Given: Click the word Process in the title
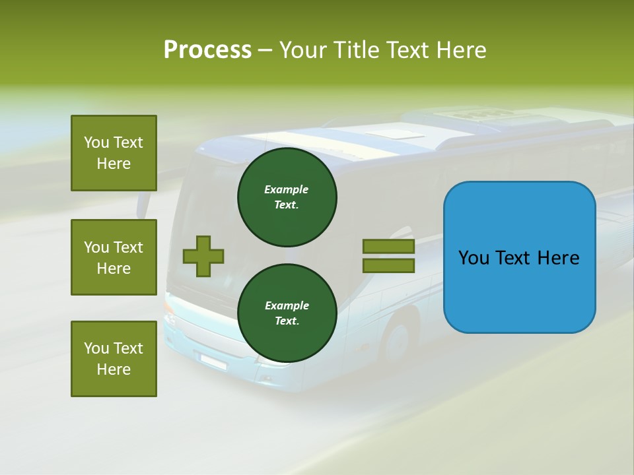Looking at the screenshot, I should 207,49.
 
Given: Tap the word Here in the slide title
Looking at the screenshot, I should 462,49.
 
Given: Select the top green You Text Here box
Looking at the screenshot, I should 114,153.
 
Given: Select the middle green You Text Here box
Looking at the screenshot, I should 114,257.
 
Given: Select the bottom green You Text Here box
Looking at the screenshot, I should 114,359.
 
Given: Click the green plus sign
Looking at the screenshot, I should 203,256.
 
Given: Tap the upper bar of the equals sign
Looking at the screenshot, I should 388,247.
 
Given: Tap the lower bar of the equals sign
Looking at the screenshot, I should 388,266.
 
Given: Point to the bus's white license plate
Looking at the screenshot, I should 213,361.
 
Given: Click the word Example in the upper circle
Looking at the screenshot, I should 287,189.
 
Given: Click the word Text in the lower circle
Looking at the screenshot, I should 287,321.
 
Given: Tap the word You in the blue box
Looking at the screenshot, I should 474,258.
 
